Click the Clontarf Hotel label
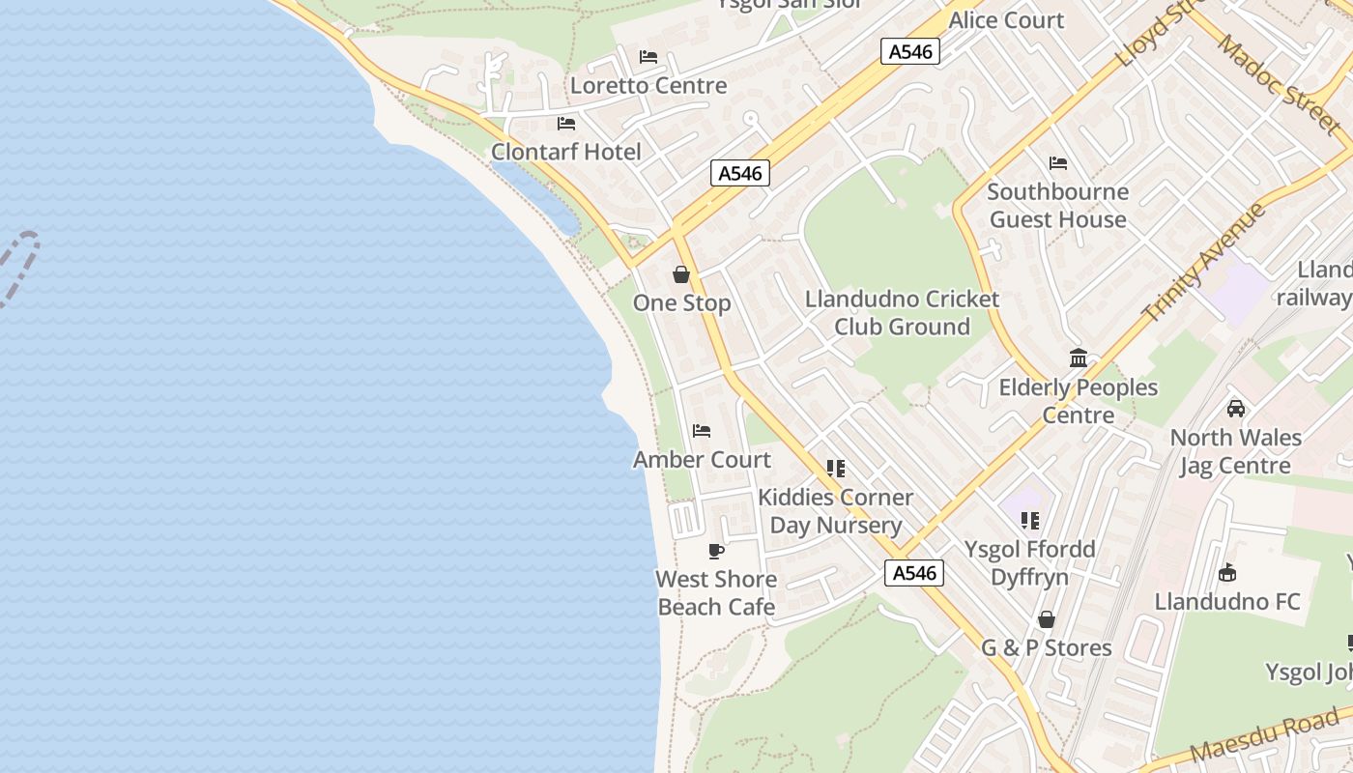565,152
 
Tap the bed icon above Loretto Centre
648,57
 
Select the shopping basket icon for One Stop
681,274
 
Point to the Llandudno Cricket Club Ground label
902,312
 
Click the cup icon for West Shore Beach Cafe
716,551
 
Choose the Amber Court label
702,460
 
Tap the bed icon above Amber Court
702,430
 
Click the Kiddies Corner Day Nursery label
835,511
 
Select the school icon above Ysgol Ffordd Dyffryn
1030,521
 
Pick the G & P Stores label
1047,647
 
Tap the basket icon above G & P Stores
1047,619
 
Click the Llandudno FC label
1227,602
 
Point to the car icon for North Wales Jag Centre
1235,409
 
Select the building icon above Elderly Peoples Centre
1079,358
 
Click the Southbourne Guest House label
1058,205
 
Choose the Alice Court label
1006,20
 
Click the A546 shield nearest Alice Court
910,51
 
